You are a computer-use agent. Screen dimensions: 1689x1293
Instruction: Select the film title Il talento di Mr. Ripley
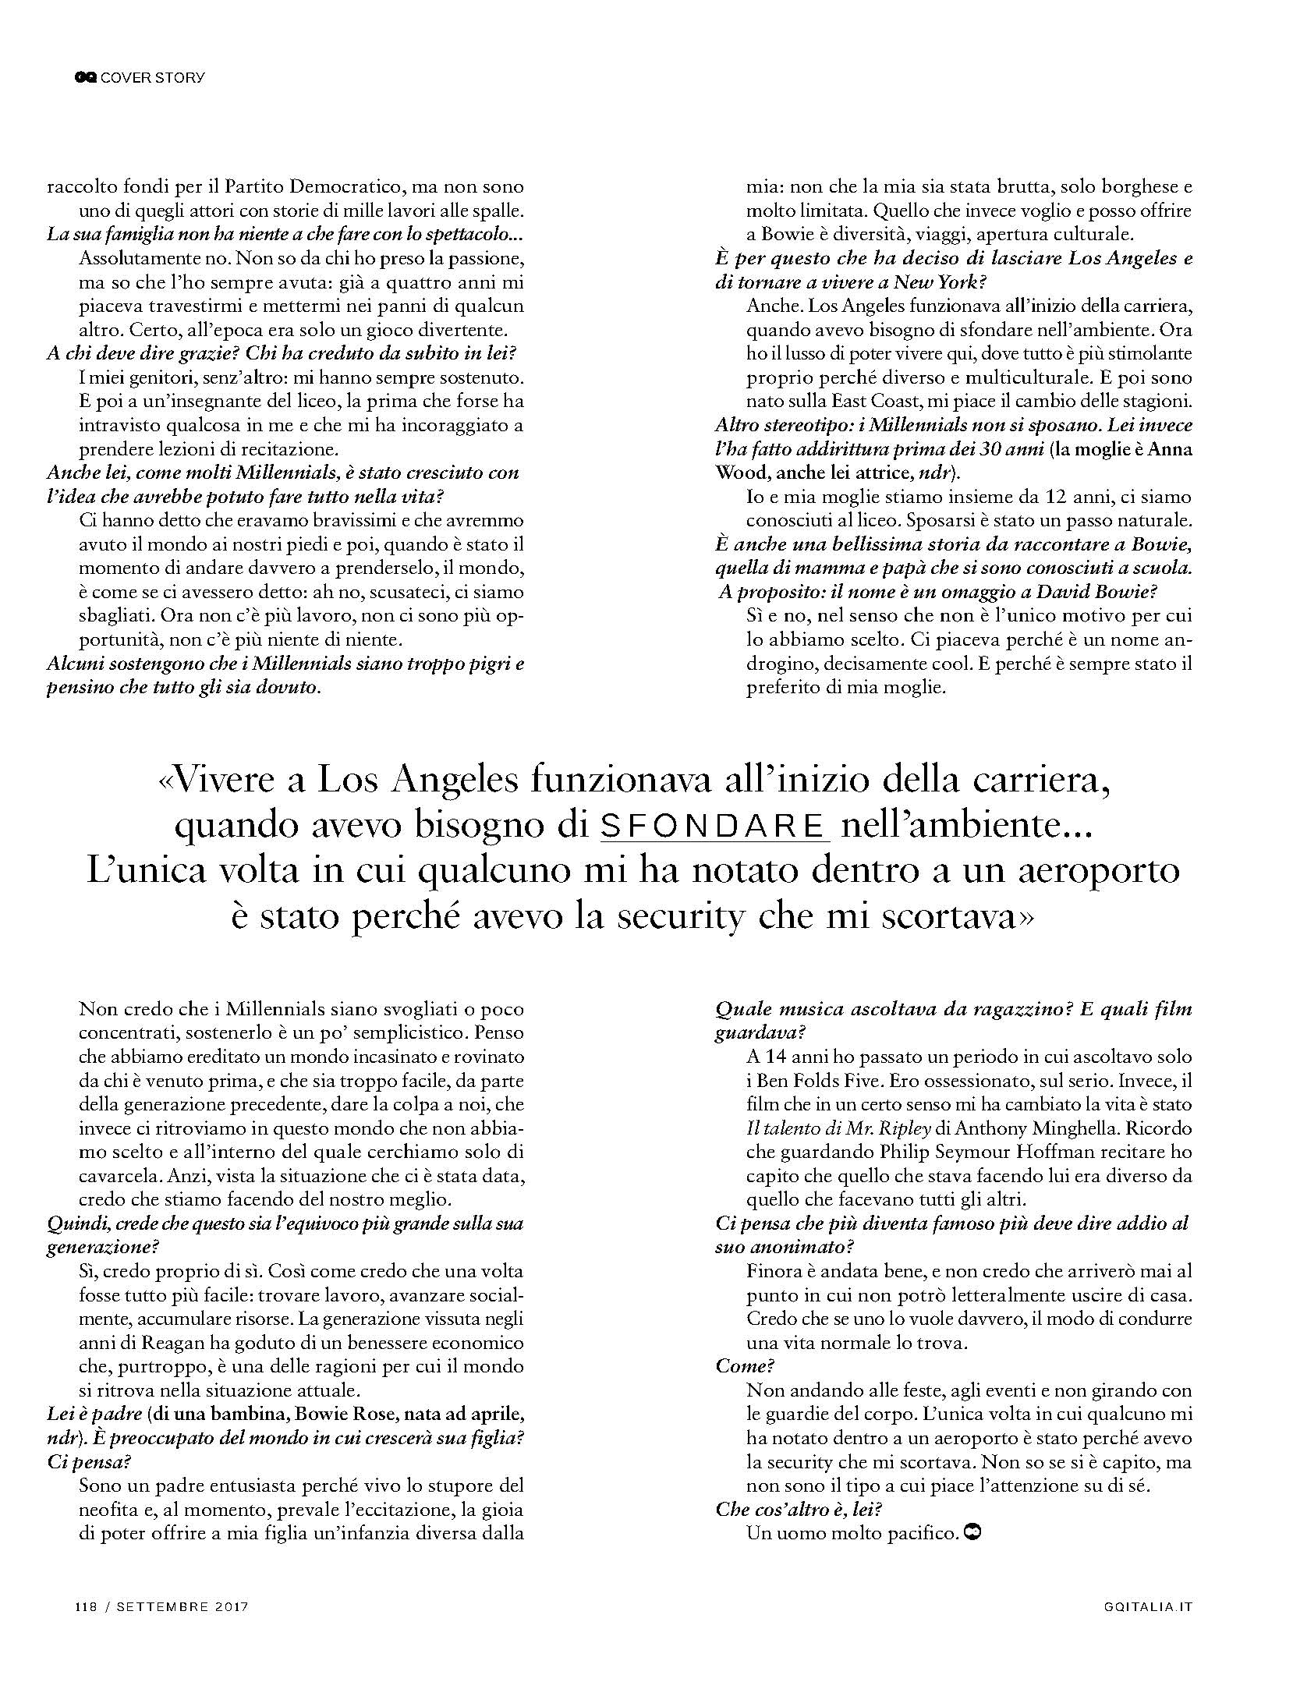(827, 1128)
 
